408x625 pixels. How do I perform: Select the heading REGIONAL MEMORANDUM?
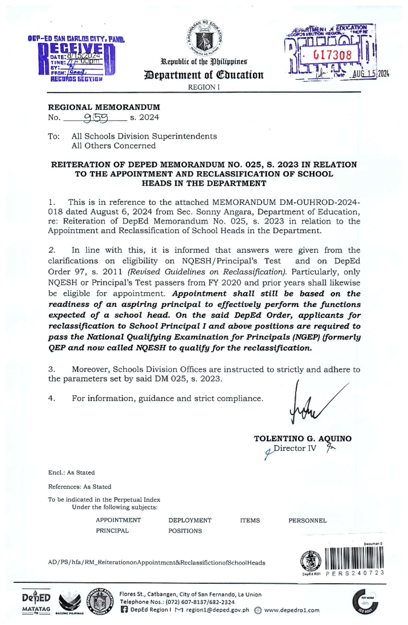(x=104, y=107)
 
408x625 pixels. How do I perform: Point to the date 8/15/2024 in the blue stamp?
(x=84, y=56)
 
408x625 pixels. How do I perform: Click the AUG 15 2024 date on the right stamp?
(x=370, y=74)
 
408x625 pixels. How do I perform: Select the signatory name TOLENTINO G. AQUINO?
(x=303, y=439)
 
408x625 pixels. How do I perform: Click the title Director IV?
(x=295, y=448)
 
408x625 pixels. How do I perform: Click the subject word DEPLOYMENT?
(x=190, y=520)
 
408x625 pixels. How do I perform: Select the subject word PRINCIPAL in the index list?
(x=112, y=531)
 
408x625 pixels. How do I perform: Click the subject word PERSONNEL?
(x=307, y=521)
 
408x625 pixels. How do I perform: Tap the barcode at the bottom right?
(x=354, y=559)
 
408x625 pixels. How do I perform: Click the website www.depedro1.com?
(x=291, y=610)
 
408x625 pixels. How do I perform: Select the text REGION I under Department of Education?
(x=204, y=87)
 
